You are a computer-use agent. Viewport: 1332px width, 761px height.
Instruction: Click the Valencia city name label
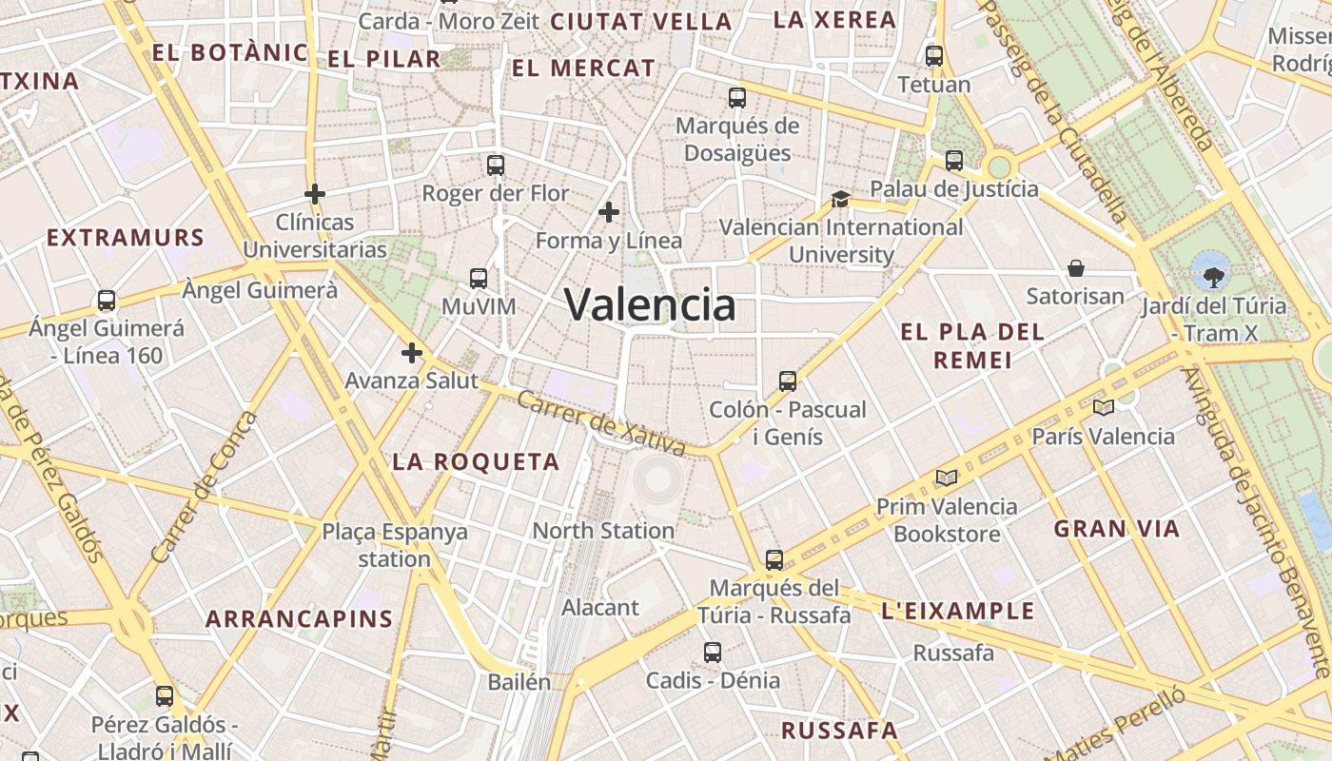tap(651, 305)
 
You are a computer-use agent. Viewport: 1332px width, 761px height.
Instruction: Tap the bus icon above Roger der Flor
tap(495, 165)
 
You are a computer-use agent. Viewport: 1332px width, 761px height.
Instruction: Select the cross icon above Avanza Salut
tap(411, 353)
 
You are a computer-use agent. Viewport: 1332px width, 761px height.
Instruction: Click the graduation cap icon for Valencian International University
tap(840, 199)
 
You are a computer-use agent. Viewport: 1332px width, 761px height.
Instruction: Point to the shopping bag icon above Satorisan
tap(1076, 268)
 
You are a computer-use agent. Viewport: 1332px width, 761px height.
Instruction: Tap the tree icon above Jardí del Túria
tap(1212, 277)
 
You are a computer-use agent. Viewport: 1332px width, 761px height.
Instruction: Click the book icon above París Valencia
tap(1104, 408)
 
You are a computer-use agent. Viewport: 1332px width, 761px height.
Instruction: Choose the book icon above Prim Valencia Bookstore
tap(946, 478)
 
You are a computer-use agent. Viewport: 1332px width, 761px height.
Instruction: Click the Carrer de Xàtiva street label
tap(600, 423)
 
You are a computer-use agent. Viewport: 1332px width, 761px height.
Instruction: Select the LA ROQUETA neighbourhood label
tap(476, 462)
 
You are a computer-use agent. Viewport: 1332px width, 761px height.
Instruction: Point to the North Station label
tap(603, 531)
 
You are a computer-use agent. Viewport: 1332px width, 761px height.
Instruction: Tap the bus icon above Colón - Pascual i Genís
tap(787, 381)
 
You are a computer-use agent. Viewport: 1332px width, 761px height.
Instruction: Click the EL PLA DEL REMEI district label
tap(972, 345)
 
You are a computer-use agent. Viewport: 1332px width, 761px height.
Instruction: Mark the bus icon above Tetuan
tap(934, 56)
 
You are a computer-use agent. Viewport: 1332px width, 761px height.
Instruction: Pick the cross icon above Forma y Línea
tap(609, 212)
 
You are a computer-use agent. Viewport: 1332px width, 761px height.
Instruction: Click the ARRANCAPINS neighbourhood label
tap(300, 619)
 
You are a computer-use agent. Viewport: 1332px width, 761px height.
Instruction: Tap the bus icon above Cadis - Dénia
tap(713, 653)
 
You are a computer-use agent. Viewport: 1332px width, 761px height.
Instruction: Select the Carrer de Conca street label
tap(204, 487)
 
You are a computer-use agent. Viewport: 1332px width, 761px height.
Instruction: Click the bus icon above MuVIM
tap(479, 279)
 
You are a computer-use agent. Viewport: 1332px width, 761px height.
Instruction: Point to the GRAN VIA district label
tap(1117, 529)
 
